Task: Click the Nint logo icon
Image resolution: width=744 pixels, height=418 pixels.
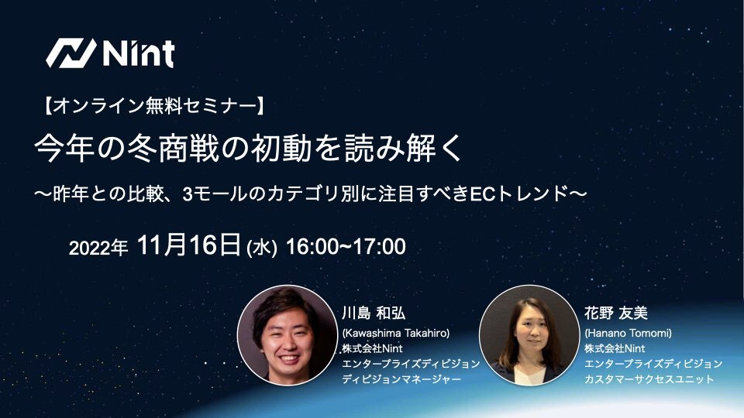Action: [71, 53]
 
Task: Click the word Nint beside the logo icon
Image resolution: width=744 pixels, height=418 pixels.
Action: [139, 53]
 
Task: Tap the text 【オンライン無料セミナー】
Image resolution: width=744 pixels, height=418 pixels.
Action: [155, 105]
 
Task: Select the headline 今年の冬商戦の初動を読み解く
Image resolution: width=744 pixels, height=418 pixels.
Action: [248, 148]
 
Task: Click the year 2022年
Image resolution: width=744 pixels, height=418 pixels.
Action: [98, 248]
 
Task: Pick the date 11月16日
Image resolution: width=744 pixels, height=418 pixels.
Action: [188, 245]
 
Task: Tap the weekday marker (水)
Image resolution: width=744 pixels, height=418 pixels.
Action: [262, 248]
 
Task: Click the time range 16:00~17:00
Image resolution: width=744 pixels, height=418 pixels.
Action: [346, 247]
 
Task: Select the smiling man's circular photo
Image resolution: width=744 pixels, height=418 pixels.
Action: [288, 335]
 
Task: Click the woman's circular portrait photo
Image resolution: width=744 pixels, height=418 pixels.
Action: [529, 335]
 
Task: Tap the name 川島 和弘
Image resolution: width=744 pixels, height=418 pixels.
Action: [374, 313]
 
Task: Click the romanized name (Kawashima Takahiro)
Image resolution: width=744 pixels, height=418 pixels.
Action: [396, 333]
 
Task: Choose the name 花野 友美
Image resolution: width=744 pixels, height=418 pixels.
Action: [616, 313]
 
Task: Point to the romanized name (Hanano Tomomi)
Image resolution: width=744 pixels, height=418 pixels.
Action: [628, 333]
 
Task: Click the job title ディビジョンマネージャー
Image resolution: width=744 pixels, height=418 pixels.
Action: [401, 379]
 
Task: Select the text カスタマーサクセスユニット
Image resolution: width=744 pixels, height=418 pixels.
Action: [649, 379]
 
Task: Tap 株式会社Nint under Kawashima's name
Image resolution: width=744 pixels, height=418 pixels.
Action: [372, 349]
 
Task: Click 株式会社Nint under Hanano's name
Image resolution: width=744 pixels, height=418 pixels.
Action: [615, 349]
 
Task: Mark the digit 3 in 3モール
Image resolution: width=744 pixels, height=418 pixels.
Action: [187, 194]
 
